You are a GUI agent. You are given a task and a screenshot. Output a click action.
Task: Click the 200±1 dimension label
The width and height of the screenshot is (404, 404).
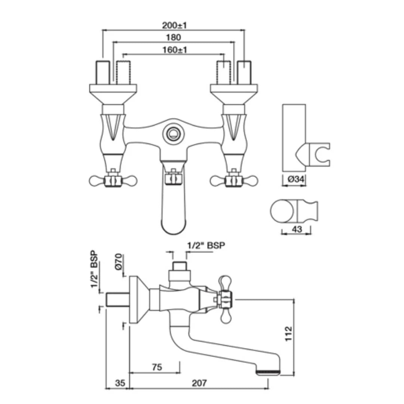[x=174, y=25]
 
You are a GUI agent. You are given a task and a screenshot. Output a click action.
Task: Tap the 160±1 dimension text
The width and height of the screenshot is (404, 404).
[x=175, y=50]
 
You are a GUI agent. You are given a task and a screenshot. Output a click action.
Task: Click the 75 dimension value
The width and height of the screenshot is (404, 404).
[x=157, y=367]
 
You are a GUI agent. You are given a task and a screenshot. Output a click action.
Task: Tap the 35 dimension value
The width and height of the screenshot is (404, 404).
[x=120, y=383]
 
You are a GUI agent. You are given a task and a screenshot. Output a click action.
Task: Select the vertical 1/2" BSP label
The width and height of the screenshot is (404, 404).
[x=94, y=269]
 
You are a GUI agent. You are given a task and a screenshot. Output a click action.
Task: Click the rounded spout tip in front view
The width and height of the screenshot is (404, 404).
[x=173, y=226]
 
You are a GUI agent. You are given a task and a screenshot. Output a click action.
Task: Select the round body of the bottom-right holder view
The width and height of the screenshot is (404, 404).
[x=282, y=212]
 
